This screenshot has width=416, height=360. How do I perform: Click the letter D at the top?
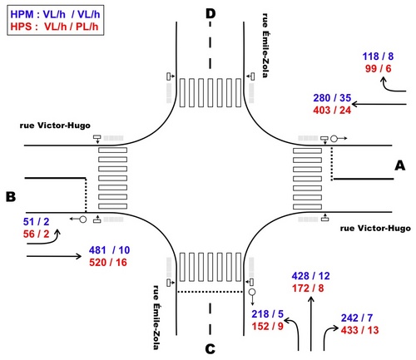pos(210,13)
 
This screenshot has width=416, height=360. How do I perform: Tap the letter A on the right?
pos(400,165)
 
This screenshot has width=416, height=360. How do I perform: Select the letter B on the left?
pos(11,197)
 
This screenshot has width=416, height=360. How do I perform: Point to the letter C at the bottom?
pos(210,349)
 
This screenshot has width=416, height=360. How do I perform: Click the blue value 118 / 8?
pos(378,57)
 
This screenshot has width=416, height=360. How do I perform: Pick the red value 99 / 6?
pos(378,68)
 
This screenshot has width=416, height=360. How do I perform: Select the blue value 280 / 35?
pos(332,98)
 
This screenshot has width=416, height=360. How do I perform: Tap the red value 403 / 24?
pos(332,111)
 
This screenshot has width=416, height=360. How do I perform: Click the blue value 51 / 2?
pos(37,222)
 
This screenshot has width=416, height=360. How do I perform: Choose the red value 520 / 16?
pos(108,262)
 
